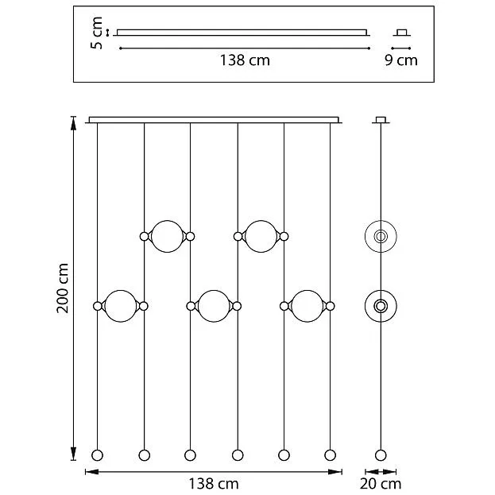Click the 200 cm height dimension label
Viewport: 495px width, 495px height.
point(63,288)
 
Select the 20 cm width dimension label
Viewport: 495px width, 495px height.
point(381,484)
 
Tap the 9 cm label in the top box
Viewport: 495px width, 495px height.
point(401,60)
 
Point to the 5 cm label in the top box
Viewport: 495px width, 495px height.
point(97,33)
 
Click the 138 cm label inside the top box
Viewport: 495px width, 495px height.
point(245,60)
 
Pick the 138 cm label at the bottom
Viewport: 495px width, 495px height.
point(214,484)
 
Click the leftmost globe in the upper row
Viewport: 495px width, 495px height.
point(167,236)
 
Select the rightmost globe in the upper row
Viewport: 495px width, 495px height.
point(261,236)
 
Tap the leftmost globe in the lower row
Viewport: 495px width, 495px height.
point(120,306)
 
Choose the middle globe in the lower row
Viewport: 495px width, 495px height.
point(214,306)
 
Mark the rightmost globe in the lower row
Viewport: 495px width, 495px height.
point(307,306)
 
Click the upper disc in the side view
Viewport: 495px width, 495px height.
point(381,236)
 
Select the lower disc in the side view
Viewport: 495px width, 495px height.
point(381,306)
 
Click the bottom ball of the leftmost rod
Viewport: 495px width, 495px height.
point(97,455)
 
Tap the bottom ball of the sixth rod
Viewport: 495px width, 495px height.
point(331,455)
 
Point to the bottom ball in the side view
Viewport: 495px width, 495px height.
point(381,455)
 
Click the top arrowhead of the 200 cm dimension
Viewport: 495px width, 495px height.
point(73,123)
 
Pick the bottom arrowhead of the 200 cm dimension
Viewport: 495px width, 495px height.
point(73,454)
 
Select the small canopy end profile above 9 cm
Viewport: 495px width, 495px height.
point(401,33)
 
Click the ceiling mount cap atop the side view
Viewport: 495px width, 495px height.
point(381,120)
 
